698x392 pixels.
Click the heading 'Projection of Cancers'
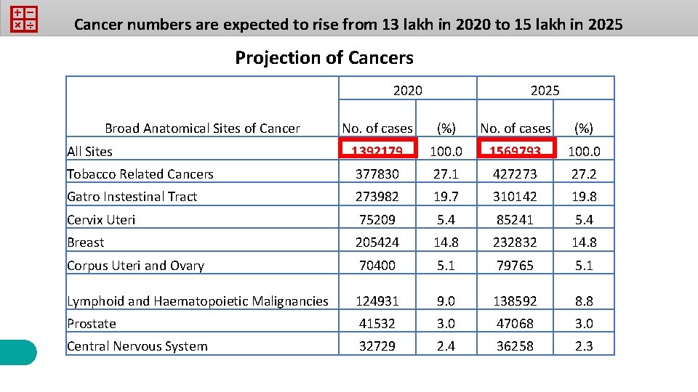324,58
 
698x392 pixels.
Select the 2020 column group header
407,90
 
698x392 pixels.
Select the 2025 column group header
545,90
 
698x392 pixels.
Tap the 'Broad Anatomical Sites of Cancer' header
202,128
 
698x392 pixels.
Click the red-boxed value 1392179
378,150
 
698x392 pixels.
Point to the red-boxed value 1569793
516,150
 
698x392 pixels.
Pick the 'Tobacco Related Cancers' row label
140,174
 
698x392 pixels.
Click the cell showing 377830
378,174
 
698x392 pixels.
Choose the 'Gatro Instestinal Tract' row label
132,197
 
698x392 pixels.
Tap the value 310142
516,197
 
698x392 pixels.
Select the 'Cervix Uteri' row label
101,220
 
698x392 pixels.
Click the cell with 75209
378,220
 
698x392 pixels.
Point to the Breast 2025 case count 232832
516,242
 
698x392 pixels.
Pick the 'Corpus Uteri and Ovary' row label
135,266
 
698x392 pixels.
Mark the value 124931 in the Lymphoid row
378,301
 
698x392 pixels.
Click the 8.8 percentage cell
584,301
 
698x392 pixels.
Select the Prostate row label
92,324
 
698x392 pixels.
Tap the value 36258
516,346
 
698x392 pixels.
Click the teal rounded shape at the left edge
17,352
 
